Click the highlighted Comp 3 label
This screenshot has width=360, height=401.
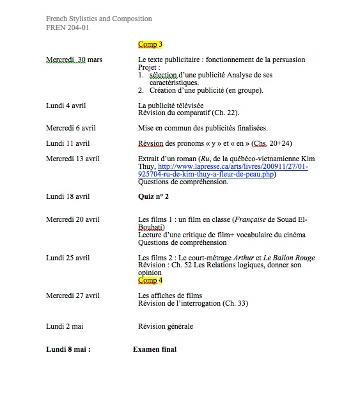pyautogui.click(x=150, y=45)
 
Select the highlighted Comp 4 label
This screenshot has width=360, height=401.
pyautogui.click(x=150, y=280)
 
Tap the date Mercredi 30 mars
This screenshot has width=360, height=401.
pyautogui.click(x=74, y=59)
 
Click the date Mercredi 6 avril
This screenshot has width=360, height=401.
pyautogui.click(x=71, y=128)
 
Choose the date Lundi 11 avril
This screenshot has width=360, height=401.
pyautogui.click(x=68, y=143)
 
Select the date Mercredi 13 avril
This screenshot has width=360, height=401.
pyautogui.click(x=73, y=158)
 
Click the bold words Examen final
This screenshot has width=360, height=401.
pyautogui.click(x=155, y=349)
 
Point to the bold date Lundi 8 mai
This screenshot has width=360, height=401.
pyautogui.click(x=68, y=349)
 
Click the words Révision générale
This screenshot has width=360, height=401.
pyautogui.click(x=165, y=326)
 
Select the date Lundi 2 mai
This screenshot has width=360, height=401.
pyautogui.click(x=65, y=326)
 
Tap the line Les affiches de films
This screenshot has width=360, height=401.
pyautogui.click(x=170, y=295)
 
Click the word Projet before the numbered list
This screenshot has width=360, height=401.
pyautogui.click(x=148, y=67)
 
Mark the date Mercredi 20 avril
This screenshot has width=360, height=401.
pyautogui.click(x=73, y=219)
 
